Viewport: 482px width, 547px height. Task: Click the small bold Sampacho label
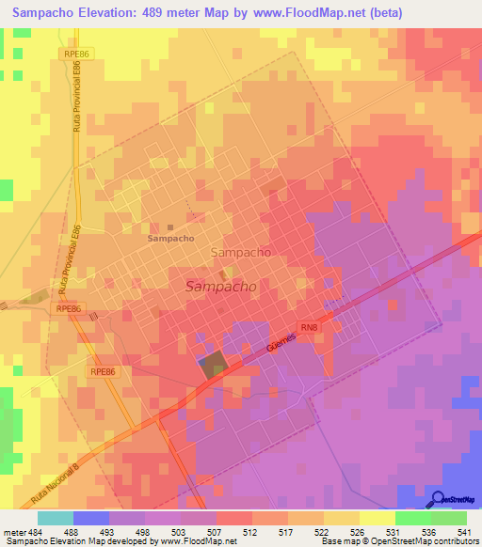point(171,239)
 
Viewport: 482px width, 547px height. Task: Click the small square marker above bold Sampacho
point(170,227)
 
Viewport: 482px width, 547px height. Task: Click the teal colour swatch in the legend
point(55,517)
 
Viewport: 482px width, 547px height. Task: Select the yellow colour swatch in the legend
point(377,517)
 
